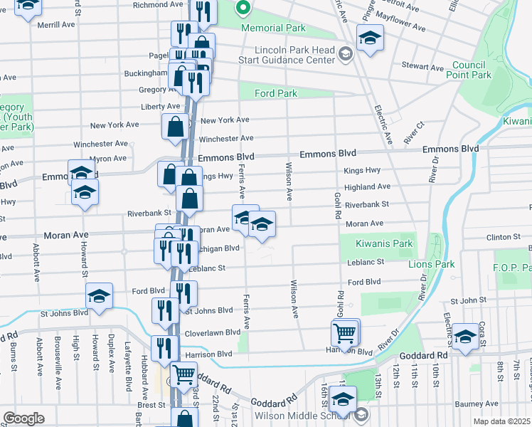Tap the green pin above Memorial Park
click(243, 9)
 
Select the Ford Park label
click(277, 93)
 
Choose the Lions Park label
click(431, 264)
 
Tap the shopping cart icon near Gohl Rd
click(344, 332)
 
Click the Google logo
click(23, 418)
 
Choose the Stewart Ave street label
click(422, 67)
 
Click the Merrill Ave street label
click(56, 24)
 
